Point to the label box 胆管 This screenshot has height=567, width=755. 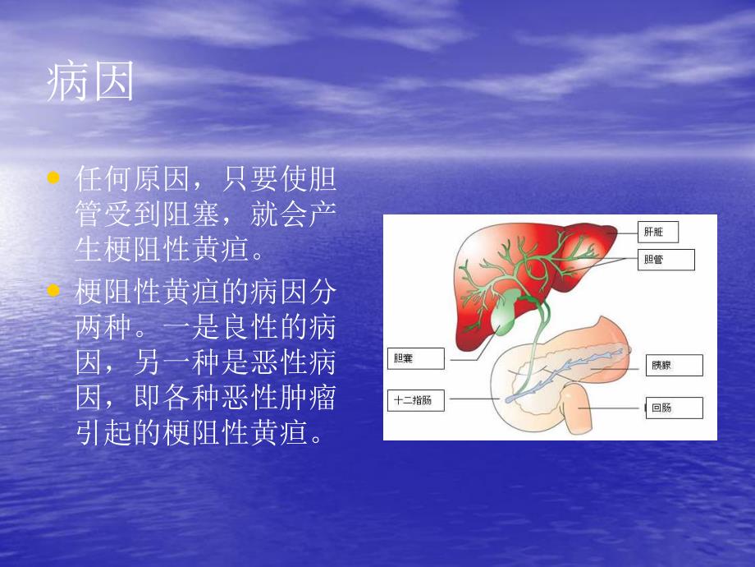click(665, 260)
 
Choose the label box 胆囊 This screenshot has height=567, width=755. click(414, 358)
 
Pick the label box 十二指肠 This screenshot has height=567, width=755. click(417, 401)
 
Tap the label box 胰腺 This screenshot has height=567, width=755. click(674, 366)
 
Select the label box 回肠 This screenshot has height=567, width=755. click(673, 408)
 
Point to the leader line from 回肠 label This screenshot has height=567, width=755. click(616, 408)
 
